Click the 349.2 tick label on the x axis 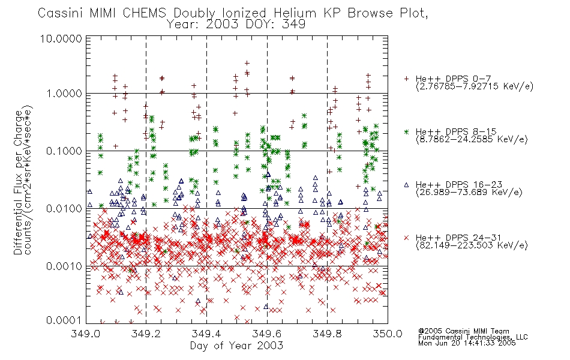coord(146,334)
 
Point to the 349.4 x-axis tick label coord(206,334)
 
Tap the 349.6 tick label coord(267,334)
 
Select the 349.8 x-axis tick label coord(327,334)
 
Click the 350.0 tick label coord(388,334)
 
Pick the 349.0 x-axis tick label coord(86,334)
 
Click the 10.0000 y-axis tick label coord(61,38)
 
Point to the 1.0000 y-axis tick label coord(64,94)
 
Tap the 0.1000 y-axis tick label coord(64,151)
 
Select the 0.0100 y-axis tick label coord(64,209)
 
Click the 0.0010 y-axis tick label coord(64,266)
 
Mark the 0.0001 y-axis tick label coord(64,320)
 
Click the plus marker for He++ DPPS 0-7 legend coord(406,79)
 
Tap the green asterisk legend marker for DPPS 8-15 coord(406,131)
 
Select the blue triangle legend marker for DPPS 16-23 coord(406,185)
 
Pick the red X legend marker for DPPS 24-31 coord(406,238)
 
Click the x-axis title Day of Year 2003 coord(236,346)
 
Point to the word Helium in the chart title coord(295,13)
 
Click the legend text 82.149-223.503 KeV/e coord(472,245)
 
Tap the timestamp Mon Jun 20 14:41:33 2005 coord(467,343)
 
